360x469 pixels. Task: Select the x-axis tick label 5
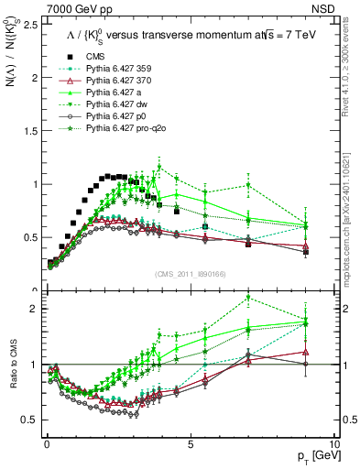pyautogui.click(x=190, y=442)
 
